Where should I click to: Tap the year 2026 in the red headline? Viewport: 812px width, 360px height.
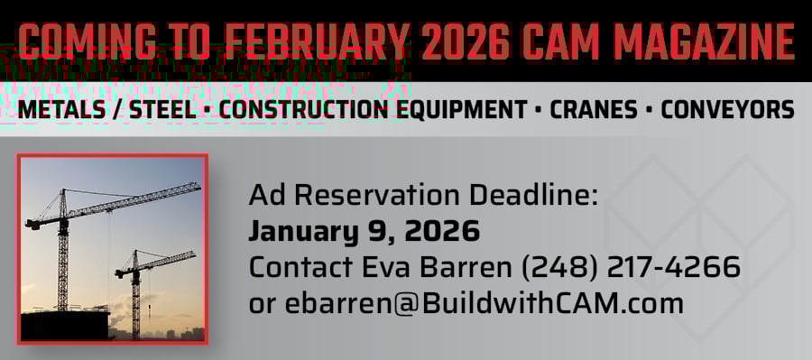pos(476,42)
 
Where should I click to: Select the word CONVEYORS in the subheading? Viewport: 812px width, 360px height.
pos(727,111)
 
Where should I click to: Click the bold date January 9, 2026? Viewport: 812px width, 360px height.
pos(364,231)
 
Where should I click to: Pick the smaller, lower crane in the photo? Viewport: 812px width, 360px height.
pos(136,289)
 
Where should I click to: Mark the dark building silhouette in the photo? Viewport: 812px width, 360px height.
pos(63,325)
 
